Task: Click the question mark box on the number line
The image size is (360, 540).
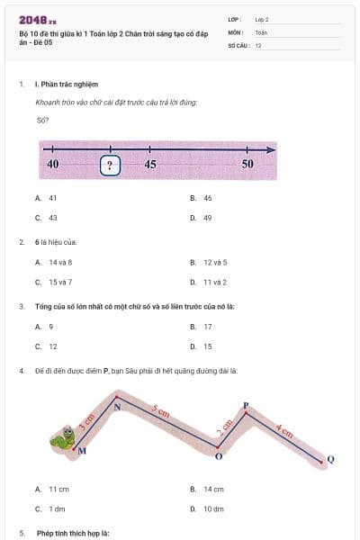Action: (x=110, y=165)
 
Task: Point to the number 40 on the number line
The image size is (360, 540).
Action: (x=52, y=164)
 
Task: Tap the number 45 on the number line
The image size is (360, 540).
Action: (x=150, y=164)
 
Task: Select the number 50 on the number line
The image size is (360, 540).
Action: (x=247, y=164)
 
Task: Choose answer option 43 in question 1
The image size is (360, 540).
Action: (x=53, y=218)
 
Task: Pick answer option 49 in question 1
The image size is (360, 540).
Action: (x=207, y=218)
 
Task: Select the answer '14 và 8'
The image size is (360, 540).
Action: (x=60, y=262)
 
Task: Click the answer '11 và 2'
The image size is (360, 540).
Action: (x=214, y=282)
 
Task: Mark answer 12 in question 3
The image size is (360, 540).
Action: (x=53, y=346)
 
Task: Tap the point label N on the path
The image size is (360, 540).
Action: (x=117, y=407)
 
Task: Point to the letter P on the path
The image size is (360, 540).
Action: (x=246, y=406)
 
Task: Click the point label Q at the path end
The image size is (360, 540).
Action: (x=329, y=460)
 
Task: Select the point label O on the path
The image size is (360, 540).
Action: (x=219, y=457)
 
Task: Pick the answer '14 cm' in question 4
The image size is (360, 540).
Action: (x=213, y=489)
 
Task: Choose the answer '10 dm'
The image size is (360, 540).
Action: (x=213, y=508)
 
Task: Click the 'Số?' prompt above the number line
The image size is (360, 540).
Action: (x=42, y=120)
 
